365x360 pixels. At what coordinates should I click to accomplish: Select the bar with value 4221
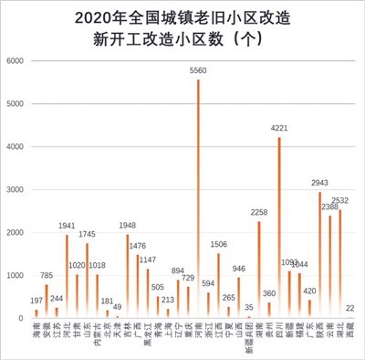279,228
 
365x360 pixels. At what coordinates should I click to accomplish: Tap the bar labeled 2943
319,255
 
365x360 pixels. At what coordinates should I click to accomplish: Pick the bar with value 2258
258,270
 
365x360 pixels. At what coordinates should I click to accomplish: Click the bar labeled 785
47,302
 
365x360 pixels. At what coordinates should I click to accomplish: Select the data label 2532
340,200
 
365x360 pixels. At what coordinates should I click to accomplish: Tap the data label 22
351,308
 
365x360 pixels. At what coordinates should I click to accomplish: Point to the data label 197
36,301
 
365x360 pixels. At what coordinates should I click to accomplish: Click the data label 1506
219,244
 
